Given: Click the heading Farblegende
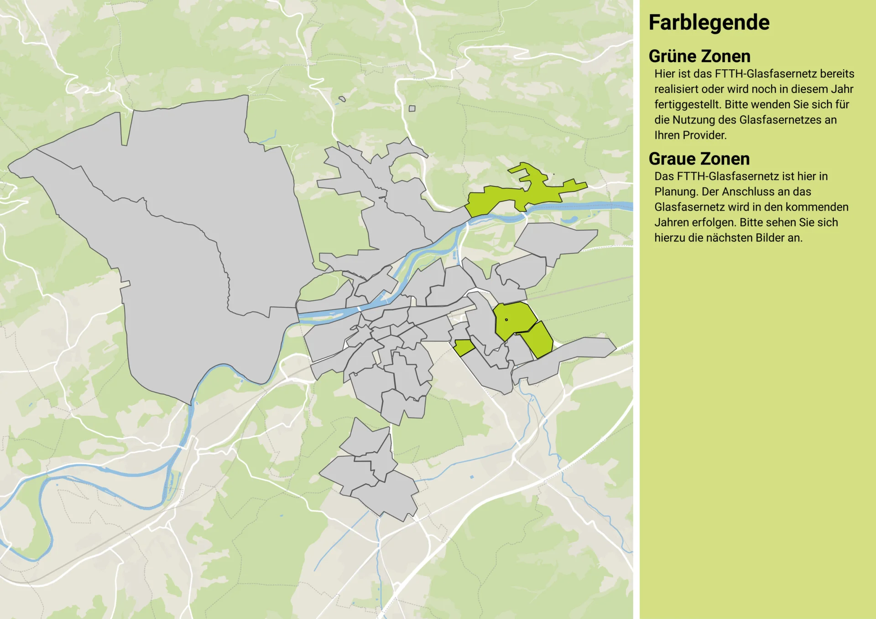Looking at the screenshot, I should coord(709,23).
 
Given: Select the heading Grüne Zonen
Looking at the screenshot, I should coord(699,57).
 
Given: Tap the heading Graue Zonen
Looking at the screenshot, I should coord(699,159).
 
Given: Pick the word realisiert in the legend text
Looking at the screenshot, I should coord(676,89).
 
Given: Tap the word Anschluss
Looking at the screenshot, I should coord(745,192).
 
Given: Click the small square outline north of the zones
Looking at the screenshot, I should coord(412,108).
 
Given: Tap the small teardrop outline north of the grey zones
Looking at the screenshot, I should coord(342,98).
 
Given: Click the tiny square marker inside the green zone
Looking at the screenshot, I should coord(506,320).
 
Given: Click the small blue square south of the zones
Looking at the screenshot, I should coord(472,477).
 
